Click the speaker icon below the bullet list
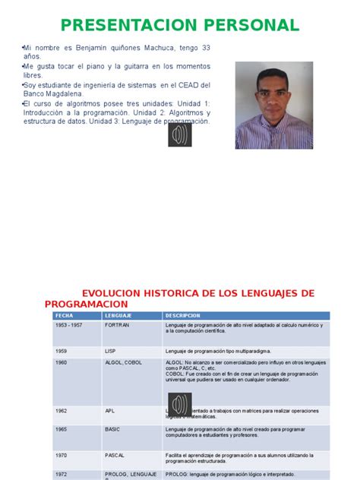[x=180, y=135]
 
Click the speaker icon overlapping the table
[x=180, y=405]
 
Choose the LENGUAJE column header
[x=118, y=315]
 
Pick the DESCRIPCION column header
[x=182, y=315]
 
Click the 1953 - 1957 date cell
[x=68, y=324]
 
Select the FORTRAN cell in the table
[x=117, y=324]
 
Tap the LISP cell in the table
[x=111, y=352]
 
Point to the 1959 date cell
[x=62, y=352]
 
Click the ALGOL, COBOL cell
[x=123, y=363]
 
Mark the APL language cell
[x=110, y=411]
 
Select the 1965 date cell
[x=62, y=429]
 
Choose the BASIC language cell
[x=112, y=429]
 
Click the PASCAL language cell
[x=115, y=455]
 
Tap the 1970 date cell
[x=62, y=455]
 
